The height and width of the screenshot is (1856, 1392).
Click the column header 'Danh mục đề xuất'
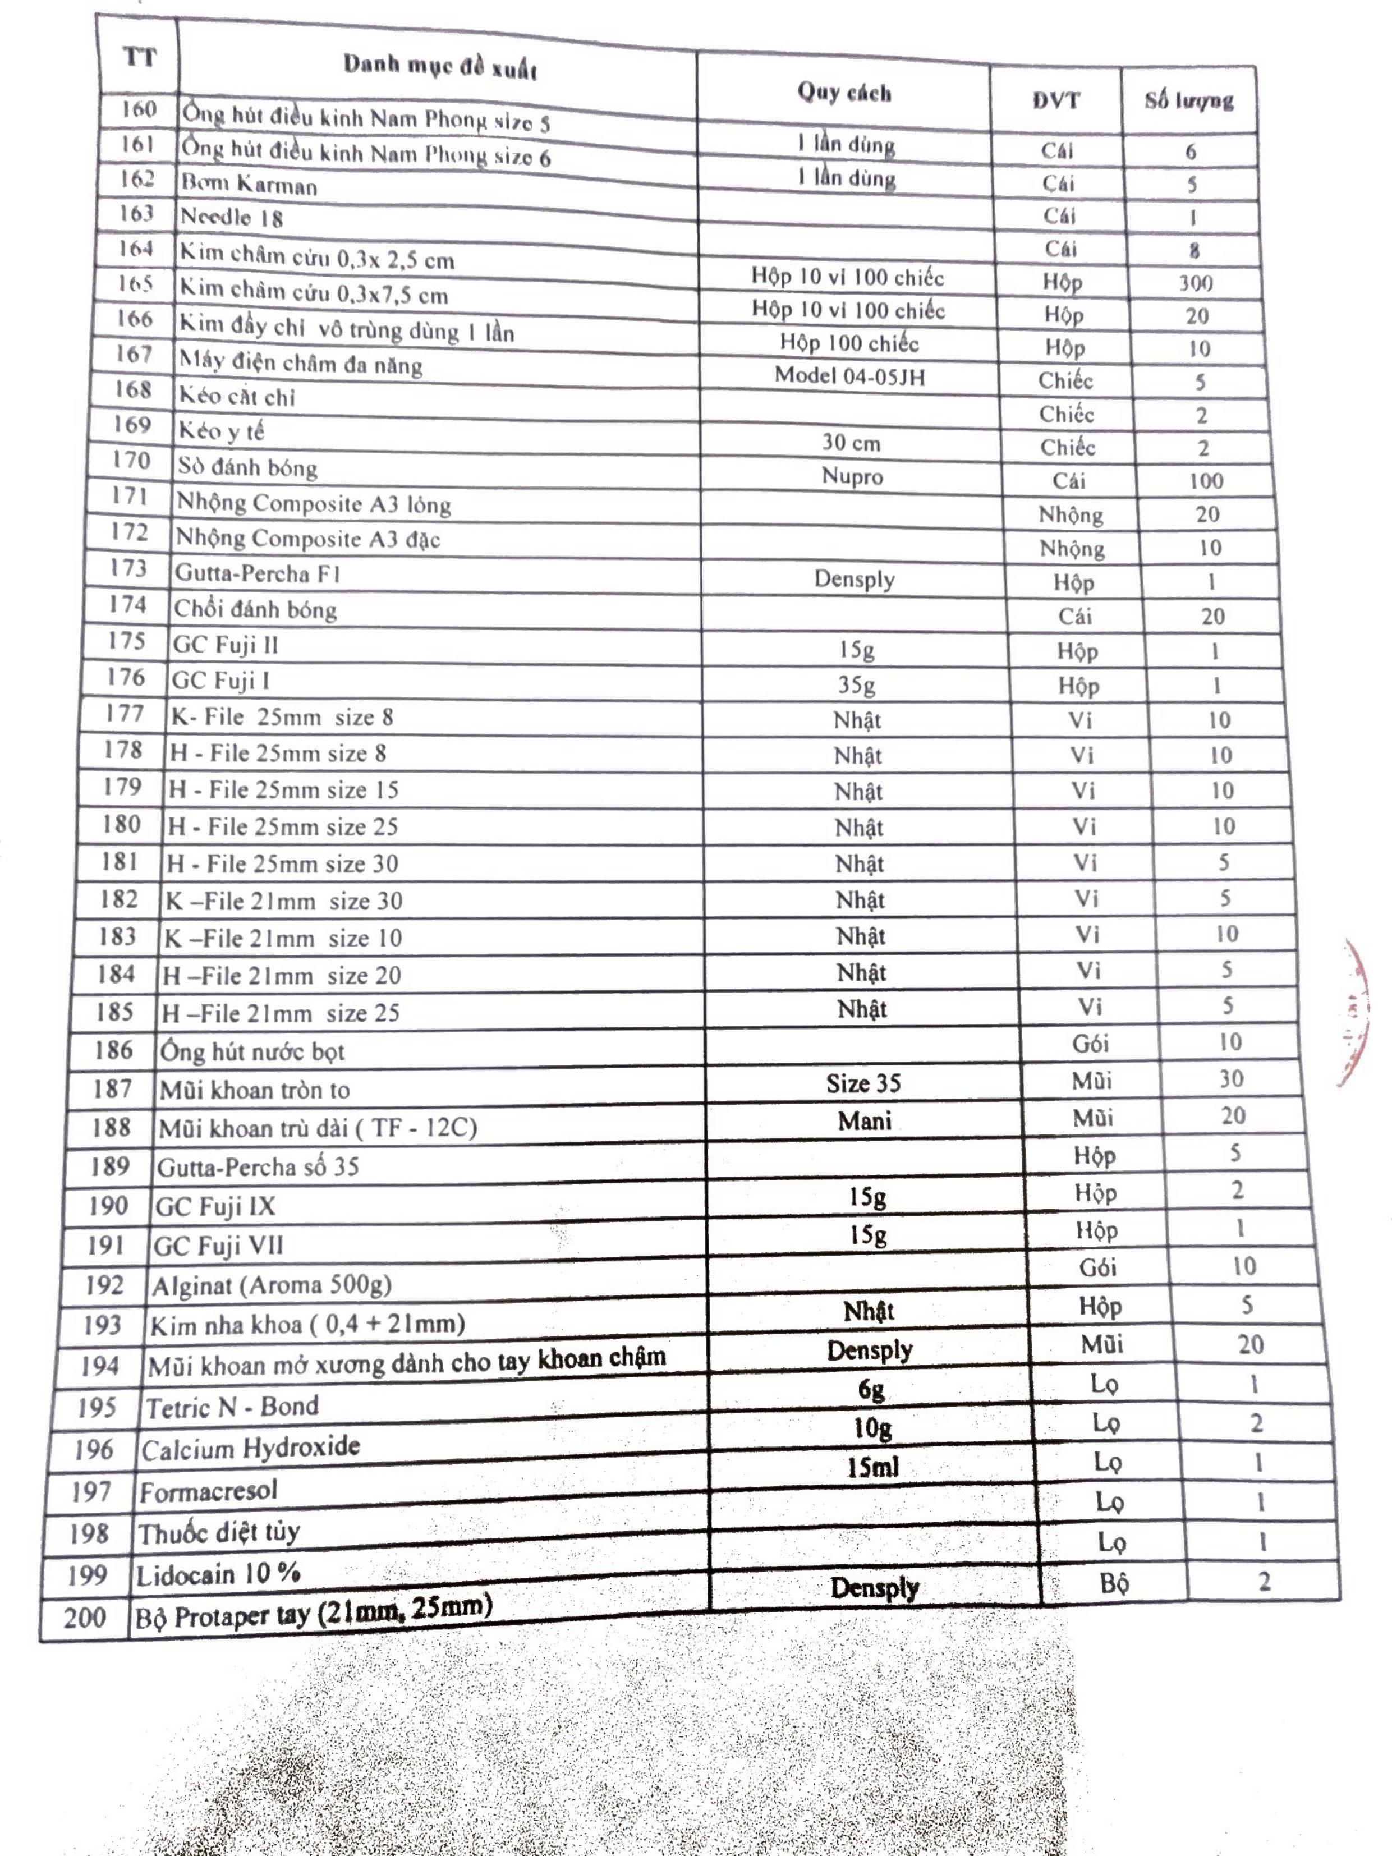click(440, 66)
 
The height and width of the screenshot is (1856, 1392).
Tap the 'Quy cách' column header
click(843, 93)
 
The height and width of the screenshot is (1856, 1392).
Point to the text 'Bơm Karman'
click(249, 184)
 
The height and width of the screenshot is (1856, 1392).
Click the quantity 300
click(1195, 283)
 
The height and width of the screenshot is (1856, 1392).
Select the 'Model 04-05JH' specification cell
click(849, 376)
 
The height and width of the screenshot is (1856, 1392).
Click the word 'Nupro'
click(852, 476)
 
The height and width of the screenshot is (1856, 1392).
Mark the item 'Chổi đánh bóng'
click(255, 610)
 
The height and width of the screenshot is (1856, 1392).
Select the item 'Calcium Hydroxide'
click(250, 1448)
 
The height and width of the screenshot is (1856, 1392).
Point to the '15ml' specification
click(872, 1467)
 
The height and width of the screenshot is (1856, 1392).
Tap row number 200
click(85, 1618)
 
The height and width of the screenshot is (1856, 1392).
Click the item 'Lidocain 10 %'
click(218, 1575)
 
